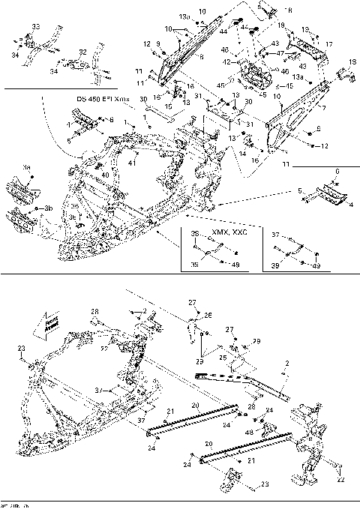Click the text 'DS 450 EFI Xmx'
coord(102,99)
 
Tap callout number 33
coord(35,27)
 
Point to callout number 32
coord(82,52)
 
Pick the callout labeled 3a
coord(27,169)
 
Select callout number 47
coord(280,53)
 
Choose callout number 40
coord(105,175)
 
